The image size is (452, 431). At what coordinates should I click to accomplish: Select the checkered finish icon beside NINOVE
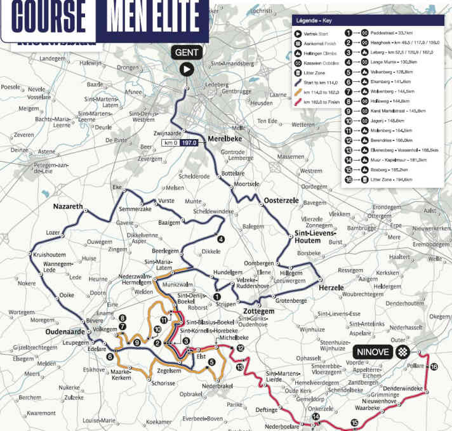point(402,352)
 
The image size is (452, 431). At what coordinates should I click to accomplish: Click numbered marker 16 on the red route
point(434,367)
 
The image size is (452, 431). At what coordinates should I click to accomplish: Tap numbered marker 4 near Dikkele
point(220,239)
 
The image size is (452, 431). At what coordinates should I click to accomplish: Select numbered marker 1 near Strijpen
point(217,296)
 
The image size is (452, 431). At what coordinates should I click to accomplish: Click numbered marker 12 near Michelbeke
point(240,348)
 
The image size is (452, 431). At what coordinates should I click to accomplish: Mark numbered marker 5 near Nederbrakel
point(211,362)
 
